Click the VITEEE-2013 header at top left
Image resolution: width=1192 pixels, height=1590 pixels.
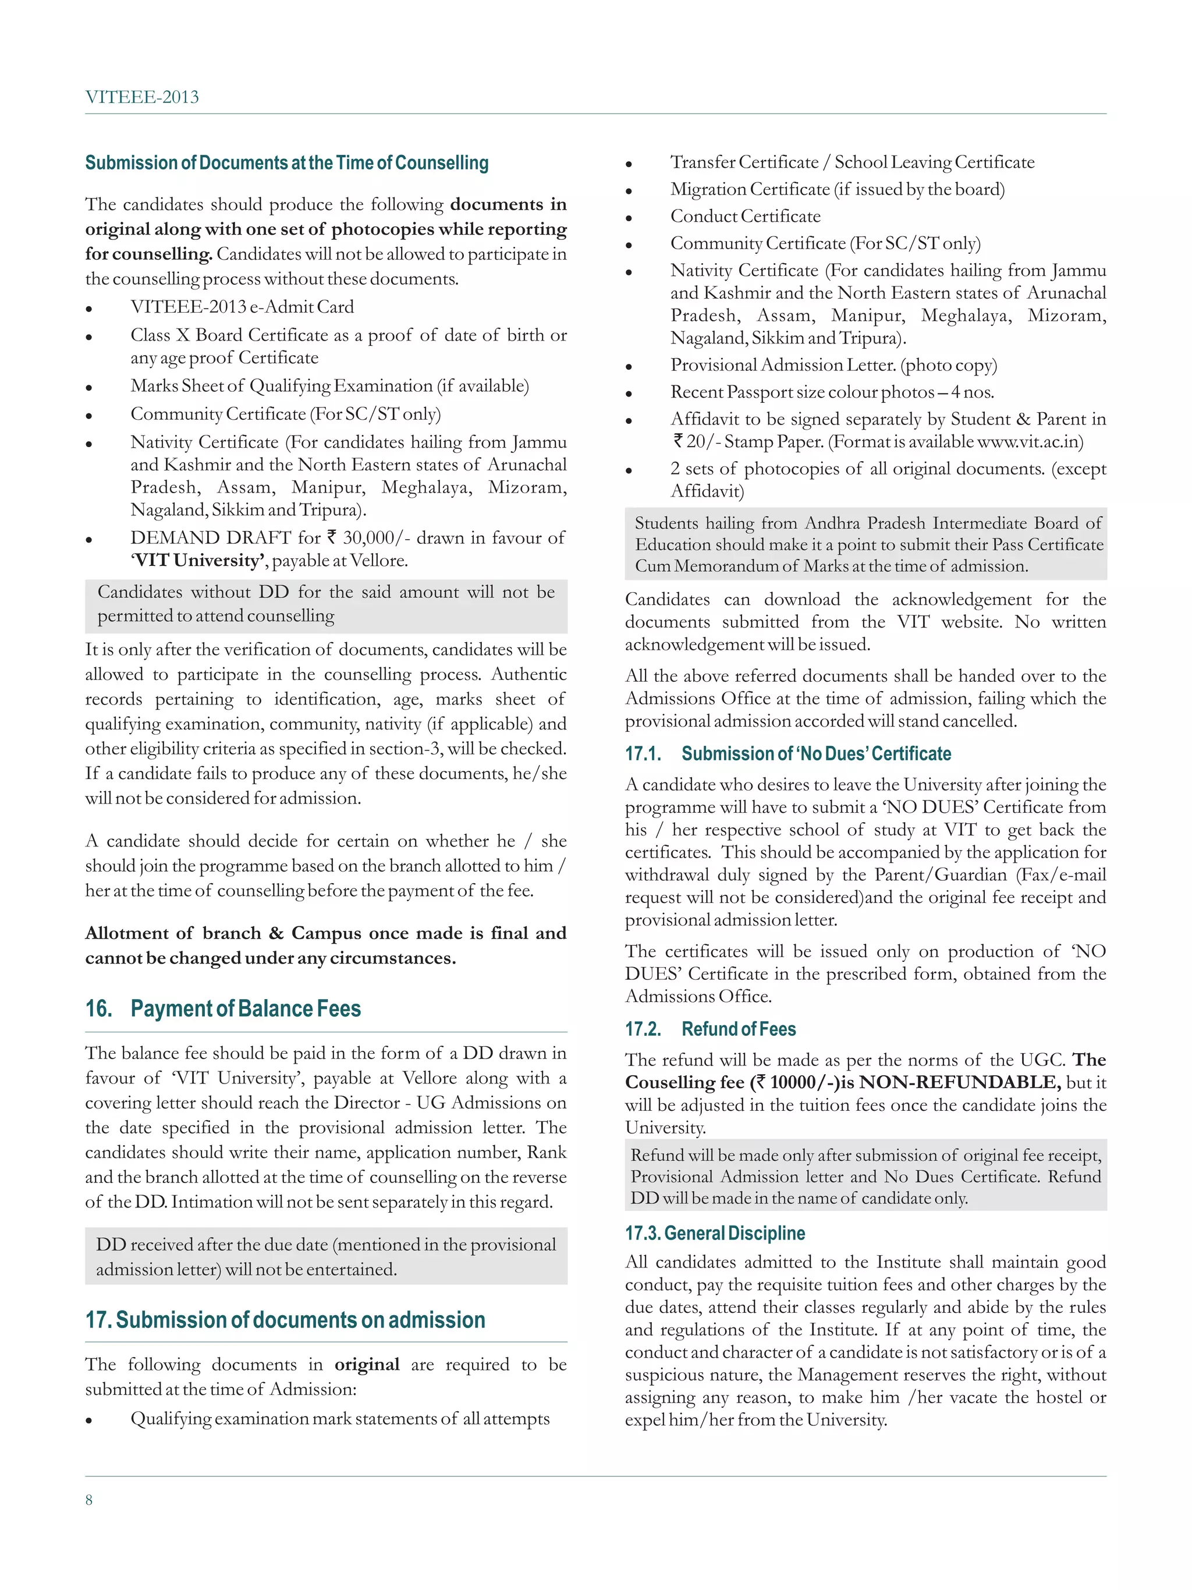[x=141, y=97]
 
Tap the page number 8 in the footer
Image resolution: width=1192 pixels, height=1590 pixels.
[x=89, y=1499]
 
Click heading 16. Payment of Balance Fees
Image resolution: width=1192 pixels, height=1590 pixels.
[x=223, y=1008]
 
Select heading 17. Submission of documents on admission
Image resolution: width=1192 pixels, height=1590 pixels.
[x=285, y=1320]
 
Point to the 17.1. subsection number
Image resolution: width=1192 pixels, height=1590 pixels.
[x=643, y=753]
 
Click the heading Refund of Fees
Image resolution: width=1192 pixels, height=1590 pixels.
[x=738, y=1029]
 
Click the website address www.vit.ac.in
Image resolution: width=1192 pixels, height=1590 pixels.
[x=1030, y=441]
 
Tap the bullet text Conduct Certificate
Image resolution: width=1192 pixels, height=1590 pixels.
[x=744, y=217]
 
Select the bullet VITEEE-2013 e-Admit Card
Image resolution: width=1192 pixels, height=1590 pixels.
[x=242, y=307]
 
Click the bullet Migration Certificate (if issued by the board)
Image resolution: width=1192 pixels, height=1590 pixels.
[x=837, y=189]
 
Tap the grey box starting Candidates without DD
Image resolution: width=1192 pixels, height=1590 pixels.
[x=325, y=604]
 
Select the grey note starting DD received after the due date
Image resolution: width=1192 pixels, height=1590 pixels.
[x=325, y=1256]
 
